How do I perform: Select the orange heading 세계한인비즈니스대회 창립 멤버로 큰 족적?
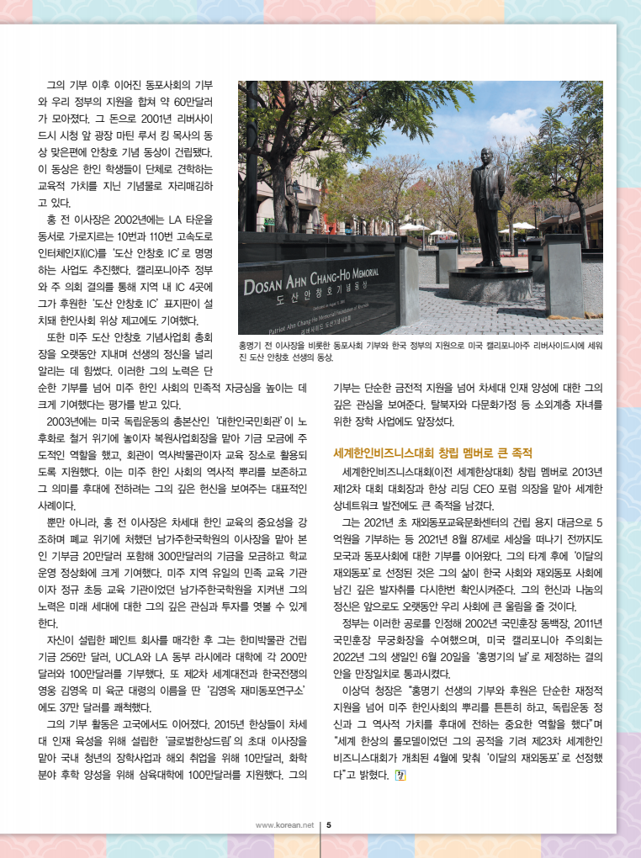coord(433,453)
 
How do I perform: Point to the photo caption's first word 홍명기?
coord(252,346)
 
